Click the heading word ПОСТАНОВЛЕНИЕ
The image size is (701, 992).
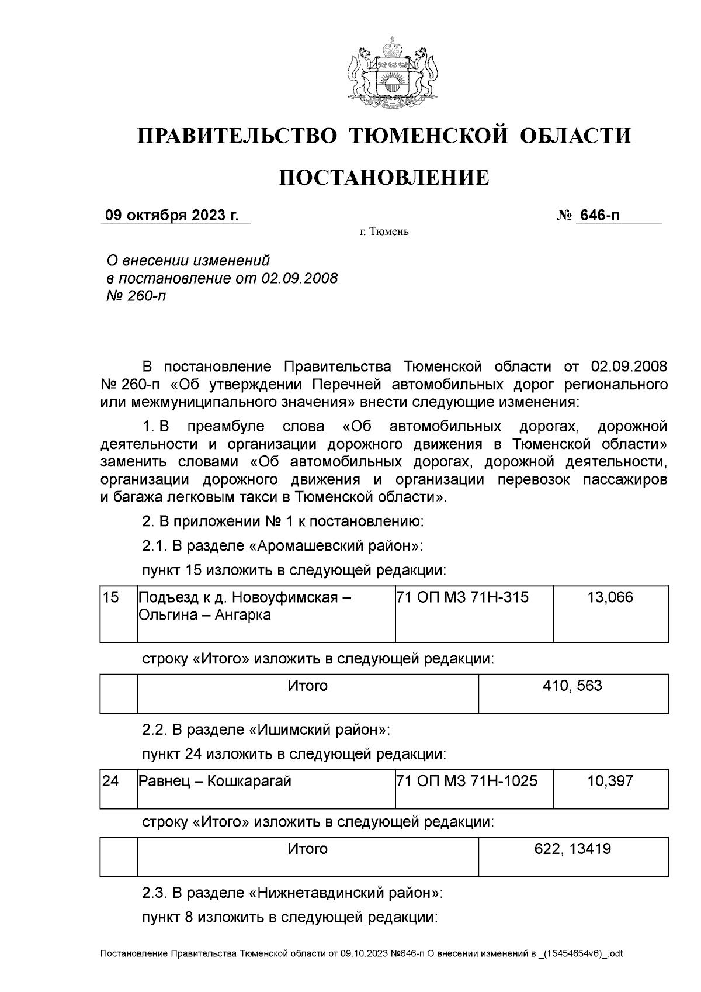[384, 177]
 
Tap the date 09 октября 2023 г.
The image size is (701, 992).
[172, 216]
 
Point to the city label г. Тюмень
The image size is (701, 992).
[384, 232]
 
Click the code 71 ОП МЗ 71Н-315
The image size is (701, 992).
[462, 597]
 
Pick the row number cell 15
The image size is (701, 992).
[111, 597]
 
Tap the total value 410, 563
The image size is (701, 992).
[572, 686]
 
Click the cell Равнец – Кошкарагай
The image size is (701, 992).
[214, 781]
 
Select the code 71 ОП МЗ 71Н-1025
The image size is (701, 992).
[467, 781]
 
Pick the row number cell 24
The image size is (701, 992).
[111, 781]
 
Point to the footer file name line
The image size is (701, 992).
[362, 953]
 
